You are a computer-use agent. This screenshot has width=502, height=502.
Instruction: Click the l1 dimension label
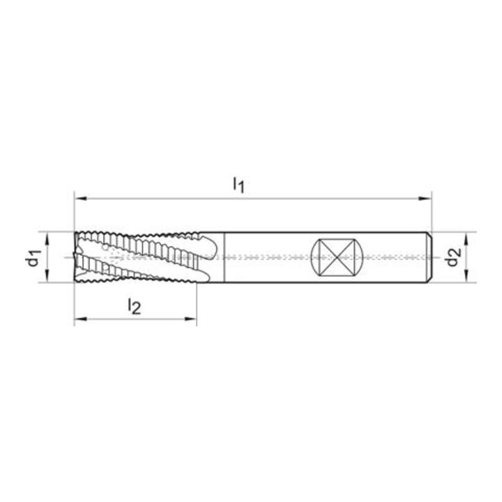pyautogui.click(x=238, y=185)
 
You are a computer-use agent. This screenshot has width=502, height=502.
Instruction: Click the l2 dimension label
pyautogui.click(x=134, y=306)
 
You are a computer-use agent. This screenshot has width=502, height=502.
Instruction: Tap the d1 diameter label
pyautogui.click(x=33, y=258)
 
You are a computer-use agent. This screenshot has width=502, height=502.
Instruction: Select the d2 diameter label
pyautogui.click(x=452, y=257)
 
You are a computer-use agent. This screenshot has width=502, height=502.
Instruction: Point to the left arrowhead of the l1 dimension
pyautogui.click(x=80, y=199)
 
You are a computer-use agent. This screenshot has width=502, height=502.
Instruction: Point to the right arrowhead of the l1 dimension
pyautogui.click(x=425, y=199)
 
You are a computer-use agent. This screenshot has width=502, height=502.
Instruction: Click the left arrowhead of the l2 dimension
pyautogui.click(x=80, y=319)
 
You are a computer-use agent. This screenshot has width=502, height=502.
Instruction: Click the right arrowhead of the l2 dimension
pyautogui.click(x=190, y=319)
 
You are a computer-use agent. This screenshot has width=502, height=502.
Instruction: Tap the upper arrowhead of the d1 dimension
pyautogui.click(x=47, y=239)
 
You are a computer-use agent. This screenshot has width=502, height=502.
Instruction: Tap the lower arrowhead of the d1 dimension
pyautogui.click(x=47, y=276)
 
